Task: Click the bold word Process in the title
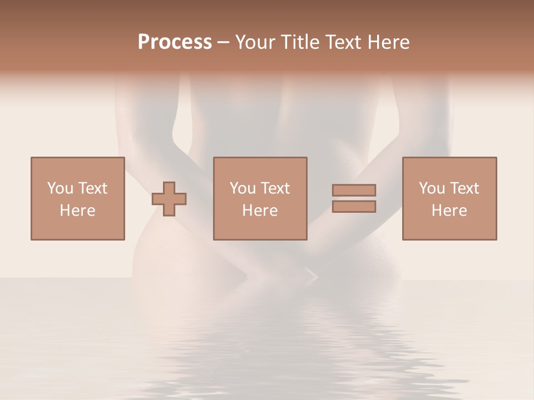coord(175,42)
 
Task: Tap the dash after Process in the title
coord(224,43)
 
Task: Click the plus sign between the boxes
coord(169,199)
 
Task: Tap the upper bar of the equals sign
coord(354,190)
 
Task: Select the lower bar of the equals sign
coord(354,206)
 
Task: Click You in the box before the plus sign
coord(60,188)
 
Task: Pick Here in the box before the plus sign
coord(77,211)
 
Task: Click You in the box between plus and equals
coord(242,188)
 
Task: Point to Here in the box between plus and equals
coord(260,211)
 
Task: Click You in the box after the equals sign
coord(431,188)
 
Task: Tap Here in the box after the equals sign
coord(449,211)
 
